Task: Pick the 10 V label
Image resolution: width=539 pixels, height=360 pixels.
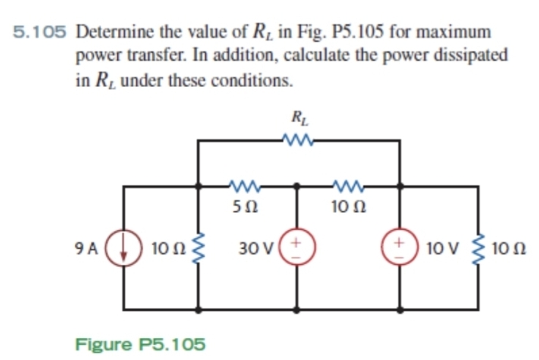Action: pyautogui.click(x=439, y=247)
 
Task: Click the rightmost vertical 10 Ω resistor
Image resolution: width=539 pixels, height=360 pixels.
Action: pyautogui.click(x=477, y=247)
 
